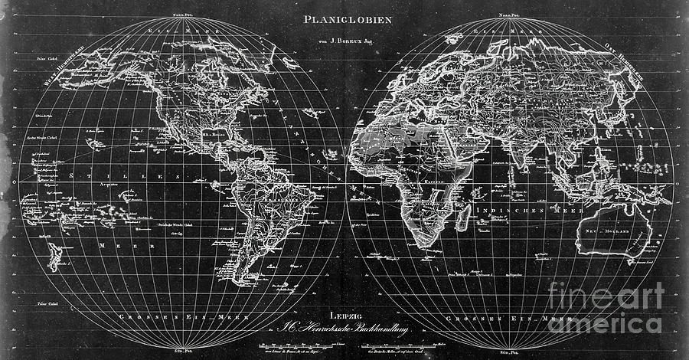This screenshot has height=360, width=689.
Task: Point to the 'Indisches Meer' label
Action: point(528,208)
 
